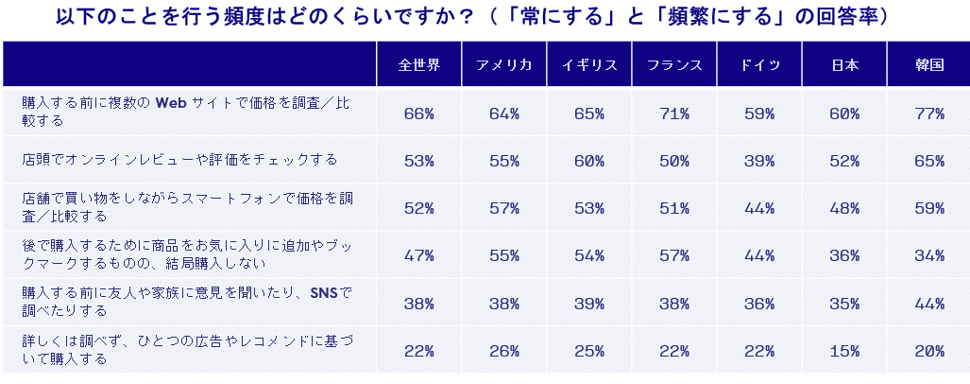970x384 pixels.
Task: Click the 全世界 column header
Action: (418, 65)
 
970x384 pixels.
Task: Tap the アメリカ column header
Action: (504, 65)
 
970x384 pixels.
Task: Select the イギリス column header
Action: (589, 65)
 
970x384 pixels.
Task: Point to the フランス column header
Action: (674, 65)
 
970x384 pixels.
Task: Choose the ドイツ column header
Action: (759, 65)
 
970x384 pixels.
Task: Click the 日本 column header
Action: (844, 65)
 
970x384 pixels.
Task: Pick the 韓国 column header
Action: (929, 65)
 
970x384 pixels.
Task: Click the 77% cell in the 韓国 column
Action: (929, 113)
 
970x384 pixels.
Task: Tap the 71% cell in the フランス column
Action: (674, 113)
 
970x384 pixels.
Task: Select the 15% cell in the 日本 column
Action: (844, 351)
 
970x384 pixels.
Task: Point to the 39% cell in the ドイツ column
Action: (759, 161)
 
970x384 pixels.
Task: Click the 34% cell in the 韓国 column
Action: (929, 255)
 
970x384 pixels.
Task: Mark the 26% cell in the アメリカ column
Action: (504, 351)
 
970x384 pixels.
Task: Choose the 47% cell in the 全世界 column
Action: (418, 255)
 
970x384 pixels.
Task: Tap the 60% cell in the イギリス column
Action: (589, 161)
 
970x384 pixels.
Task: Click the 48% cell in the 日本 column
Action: (844, 208)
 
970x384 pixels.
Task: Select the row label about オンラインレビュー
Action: (179, 160)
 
